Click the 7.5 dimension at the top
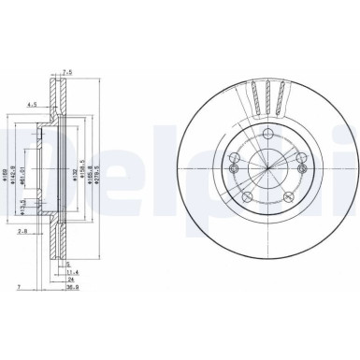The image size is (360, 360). click(x=67, y=72)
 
